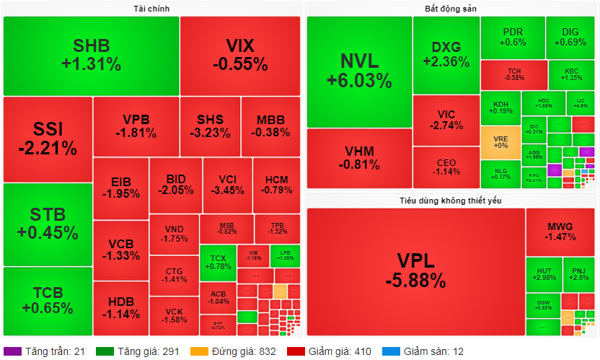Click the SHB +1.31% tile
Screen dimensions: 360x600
pyautogui.click(x=91, y=56)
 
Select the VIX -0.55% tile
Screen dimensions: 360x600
pyautogui.click(x=240, y=56)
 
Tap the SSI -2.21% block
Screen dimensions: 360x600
pyautogui.click(x=48, y=139)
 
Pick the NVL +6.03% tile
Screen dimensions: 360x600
pyautogui.click(x=359, y=71)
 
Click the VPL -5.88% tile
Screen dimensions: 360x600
pyautogui.click(x=415, y=271)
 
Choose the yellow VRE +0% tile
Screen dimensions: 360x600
pyautogui.click(x=500, y=142)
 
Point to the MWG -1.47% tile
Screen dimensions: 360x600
pyautogui.click(x=560, y=231)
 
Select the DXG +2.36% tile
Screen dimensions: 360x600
pyautogui.click(x=446, y=55)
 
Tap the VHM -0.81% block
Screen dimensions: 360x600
pyautogui.click(x=359, y=158)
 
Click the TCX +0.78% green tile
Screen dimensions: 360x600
pyautogui.click(x=218, y=262)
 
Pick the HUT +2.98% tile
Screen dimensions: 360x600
pyautogui.click(x=543, y=273)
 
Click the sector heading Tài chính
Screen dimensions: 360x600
pyautogui.click(x=152, y=8)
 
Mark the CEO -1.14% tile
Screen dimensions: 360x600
pyautogui.click(x=446, y=167)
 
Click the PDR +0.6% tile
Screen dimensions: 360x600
pyautogui.click(x=513, y=38)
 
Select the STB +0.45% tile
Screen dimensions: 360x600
pyautogui.click(x=48, y=224)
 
